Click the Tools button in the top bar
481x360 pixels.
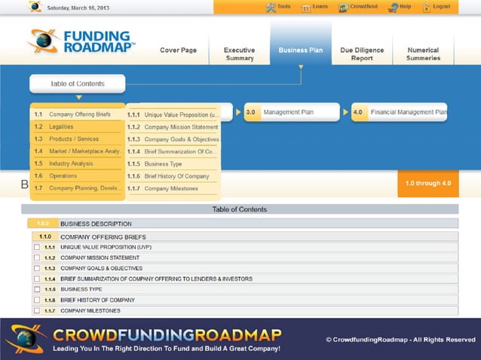click(278, 7)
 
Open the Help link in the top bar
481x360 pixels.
click(400, 7)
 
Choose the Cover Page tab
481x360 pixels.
click(179, 50)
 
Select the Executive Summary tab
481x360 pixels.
click(239, 54)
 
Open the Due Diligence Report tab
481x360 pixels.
click(357, 54)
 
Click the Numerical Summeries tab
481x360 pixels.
click(422, 54)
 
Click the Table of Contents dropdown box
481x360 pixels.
click(78, 84)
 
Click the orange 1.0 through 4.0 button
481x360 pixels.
click(427, 183)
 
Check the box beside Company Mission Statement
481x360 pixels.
click(37, 258)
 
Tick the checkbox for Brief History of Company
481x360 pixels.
click(37, 300)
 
